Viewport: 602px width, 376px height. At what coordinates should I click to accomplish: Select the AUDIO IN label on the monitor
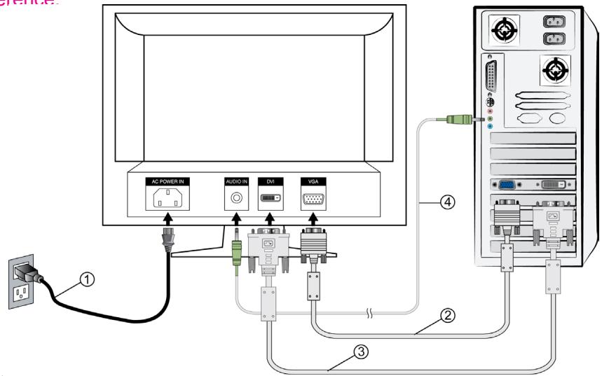[x=236, y=181]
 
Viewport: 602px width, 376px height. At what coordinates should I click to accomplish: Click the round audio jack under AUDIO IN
[x=236, y=198]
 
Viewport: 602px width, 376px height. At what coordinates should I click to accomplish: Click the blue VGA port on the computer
[x=506, y=185]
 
